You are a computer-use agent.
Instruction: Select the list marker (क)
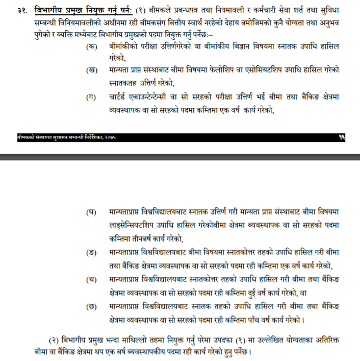tap(92, 46)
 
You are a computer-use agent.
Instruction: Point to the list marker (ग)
tap(92, 97)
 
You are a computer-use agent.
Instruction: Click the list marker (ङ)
tap(92, 253)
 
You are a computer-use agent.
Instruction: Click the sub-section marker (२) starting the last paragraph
tap(55, 340)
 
